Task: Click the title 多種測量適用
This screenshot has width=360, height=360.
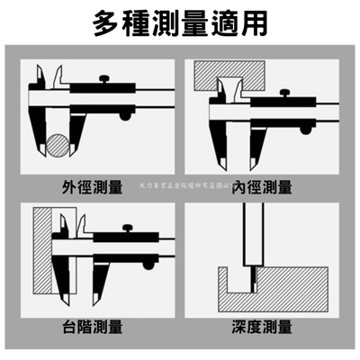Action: [180, 24]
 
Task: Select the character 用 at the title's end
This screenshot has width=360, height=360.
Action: [250, 24]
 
